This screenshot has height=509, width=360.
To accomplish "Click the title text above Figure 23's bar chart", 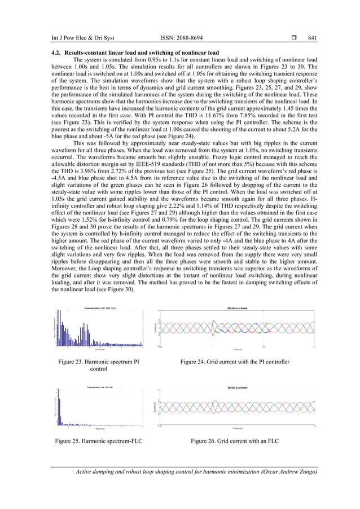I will point(100,308).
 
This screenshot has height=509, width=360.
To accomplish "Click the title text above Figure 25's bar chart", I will point(100,387).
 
